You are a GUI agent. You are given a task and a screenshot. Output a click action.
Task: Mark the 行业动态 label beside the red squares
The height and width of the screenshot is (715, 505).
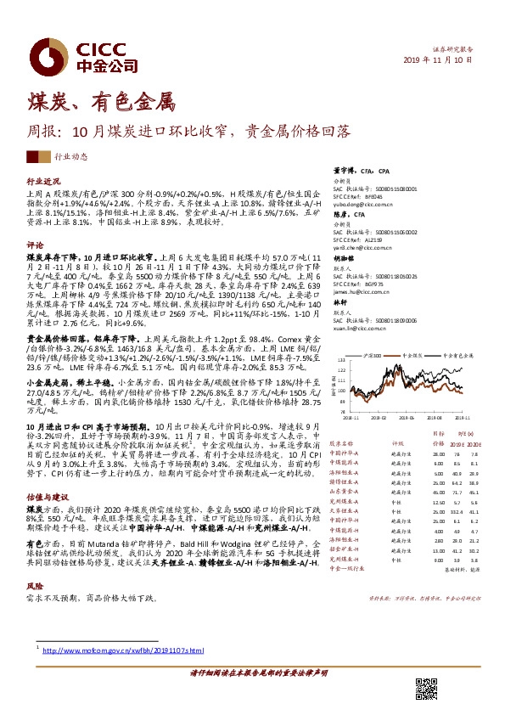70,158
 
